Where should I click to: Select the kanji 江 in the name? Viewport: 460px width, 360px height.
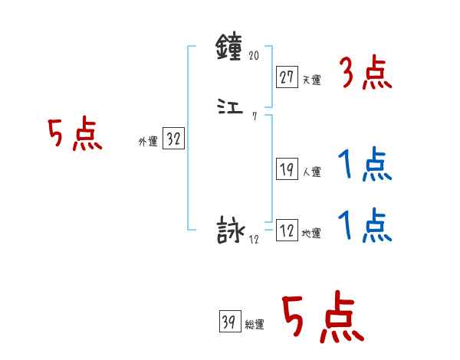[230, 110]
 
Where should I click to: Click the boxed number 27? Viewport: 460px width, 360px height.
[287, 77]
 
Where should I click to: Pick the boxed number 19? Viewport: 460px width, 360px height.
[287, 170]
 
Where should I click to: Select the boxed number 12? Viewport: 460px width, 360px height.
[287, 231]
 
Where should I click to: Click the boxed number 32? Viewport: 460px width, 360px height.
[173, 139]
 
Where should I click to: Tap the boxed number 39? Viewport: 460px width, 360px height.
[228, 323]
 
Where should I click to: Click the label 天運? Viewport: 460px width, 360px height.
[311, 80]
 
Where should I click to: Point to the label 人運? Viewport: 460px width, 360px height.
[311, 172]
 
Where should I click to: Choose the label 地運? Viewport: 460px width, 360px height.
[311, 233]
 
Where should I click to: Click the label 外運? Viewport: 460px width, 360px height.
[147, 142]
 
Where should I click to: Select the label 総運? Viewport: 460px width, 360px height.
[254, 326]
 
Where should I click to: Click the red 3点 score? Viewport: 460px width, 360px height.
[365, 75]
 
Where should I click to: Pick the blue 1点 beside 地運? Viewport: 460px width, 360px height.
[365, 226]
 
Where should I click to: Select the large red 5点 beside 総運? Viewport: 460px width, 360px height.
[322, 318]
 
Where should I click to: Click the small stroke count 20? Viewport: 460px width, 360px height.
[255, 56]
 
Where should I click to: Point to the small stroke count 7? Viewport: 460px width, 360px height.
[255, 116]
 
